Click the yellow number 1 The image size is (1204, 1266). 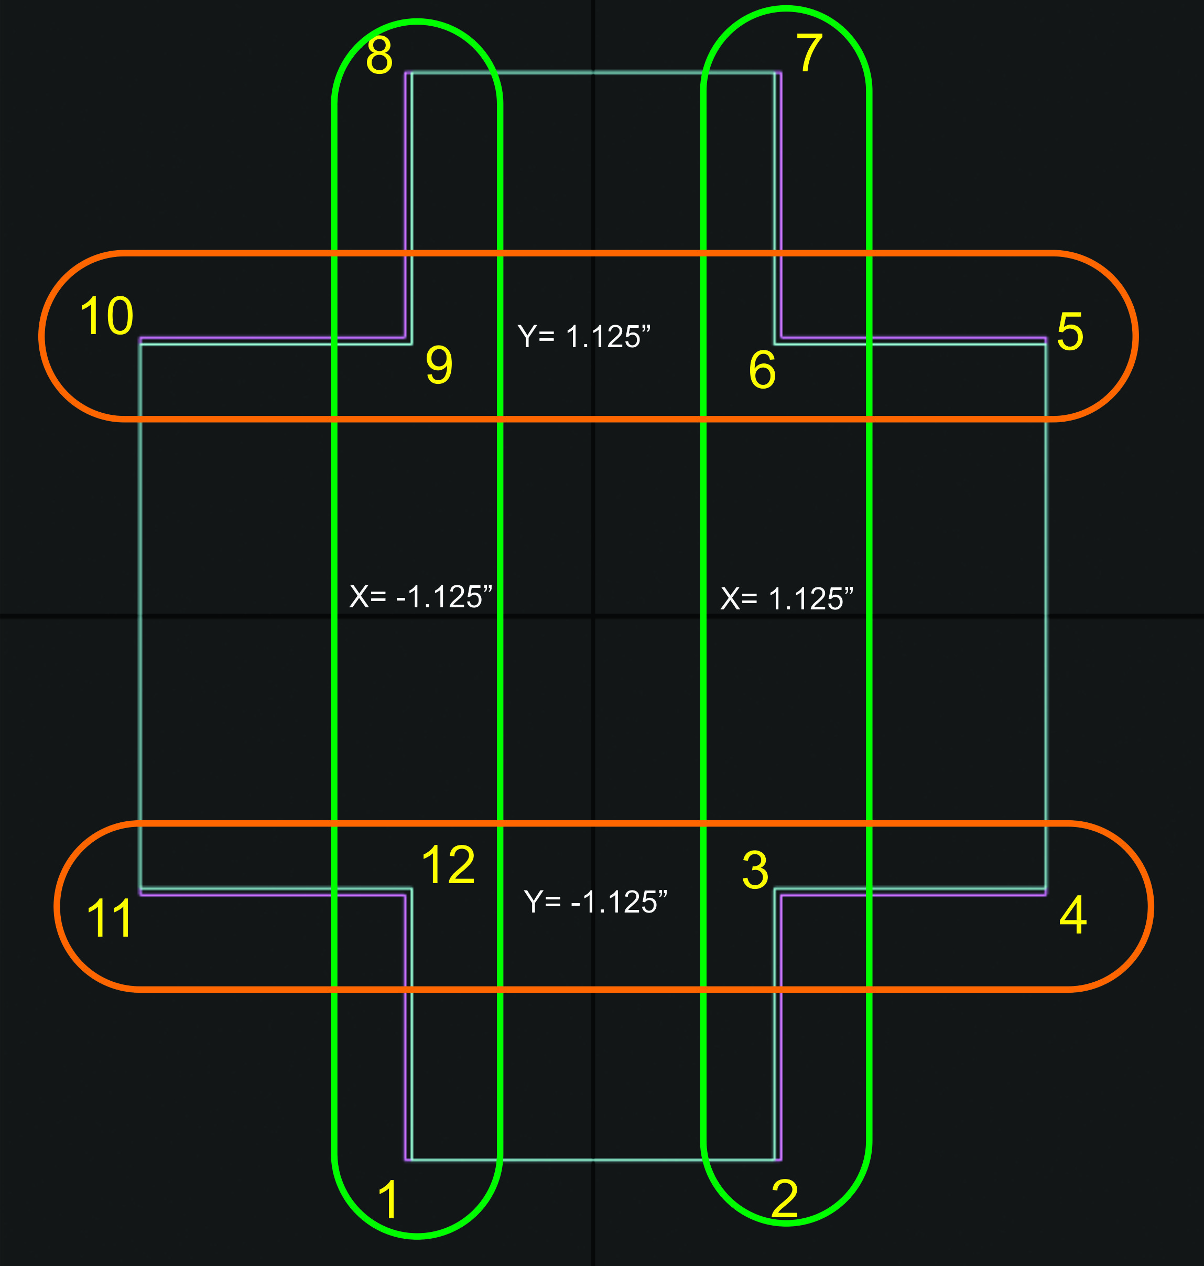[389, 1199]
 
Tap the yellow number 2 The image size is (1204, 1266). [784, 1197]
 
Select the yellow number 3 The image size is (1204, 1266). [755, 870]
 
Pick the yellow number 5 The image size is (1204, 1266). [1070, 331]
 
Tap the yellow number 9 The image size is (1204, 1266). [439, 364]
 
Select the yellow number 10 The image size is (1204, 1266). [106, 315]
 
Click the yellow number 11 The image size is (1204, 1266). [109, 918]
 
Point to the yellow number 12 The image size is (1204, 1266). [448, 865]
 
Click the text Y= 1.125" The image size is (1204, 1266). [584, 336]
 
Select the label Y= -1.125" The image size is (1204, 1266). [595, 902]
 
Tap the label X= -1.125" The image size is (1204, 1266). [421, 596]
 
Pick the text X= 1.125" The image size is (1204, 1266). [787, 598]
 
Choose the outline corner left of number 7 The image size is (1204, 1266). [778, 73]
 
